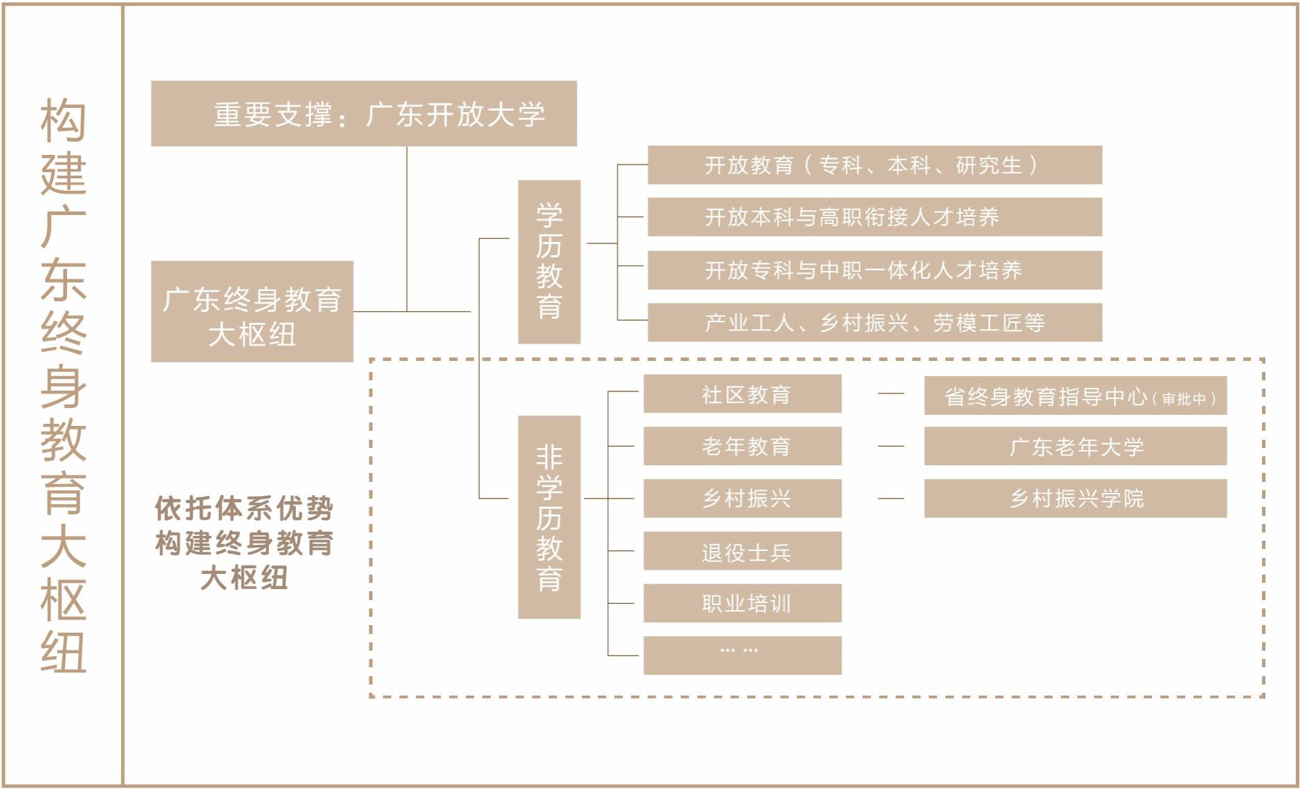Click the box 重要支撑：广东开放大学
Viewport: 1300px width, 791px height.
[364, 114]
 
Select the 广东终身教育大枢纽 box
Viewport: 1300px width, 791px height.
[252, 312]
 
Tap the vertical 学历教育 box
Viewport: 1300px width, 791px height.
[549, 262]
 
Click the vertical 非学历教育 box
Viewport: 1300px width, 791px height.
[549, 517]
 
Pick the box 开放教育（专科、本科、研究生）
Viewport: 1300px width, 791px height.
[874, 165]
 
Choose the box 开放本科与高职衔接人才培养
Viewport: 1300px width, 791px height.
[874, 217]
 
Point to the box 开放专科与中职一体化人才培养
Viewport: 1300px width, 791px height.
[874, 270]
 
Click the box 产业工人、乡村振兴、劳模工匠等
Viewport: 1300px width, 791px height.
[874, 322]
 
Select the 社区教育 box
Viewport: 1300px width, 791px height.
[742, 394]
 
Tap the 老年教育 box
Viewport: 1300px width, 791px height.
[742, 446]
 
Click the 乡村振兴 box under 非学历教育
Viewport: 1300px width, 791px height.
[742, 499]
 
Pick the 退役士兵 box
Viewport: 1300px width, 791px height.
[742, 551]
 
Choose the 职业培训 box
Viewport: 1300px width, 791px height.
[742, 604]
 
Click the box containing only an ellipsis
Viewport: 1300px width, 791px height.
[742, 655]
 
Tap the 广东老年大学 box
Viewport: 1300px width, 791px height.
[1075, 447]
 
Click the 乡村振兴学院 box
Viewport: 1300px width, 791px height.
[1075, 499]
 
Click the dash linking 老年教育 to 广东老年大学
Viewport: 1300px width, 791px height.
[891, 447]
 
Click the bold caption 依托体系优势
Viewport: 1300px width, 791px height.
[244, 509]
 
